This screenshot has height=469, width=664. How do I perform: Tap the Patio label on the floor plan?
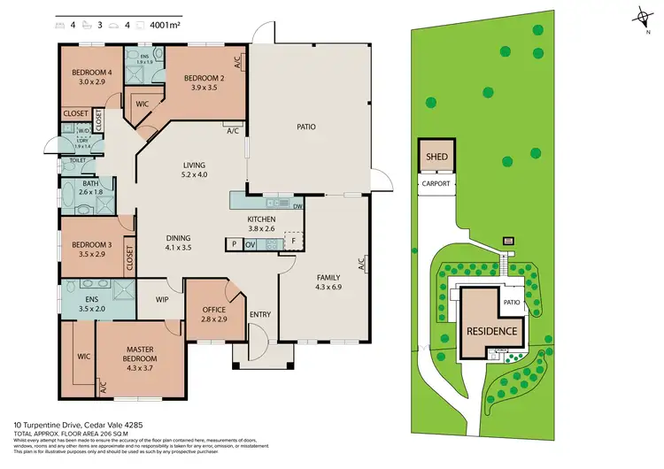tap(306, 127)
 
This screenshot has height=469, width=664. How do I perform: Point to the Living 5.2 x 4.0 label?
tap(194, 169)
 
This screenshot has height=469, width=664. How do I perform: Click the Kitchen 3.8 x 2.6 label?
tap(262, 224)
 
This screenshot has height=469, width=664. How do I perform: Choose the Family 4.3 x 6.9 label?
tap(328, 282)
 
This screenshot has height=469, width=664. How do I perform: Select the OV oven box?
tap(251, 244)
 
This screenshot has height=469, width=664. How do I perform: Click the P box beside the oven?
tap(234, 244)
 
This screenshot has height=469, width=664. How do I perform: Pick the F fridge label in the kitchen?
tap(294, 240)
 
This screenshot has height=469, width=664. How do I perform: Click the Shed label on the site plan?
tap(438, 158)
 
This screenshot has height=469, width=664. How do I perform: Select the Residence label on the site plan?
tap(491, 330)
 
